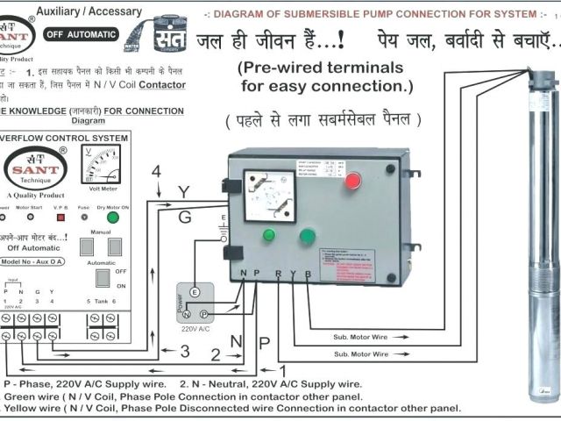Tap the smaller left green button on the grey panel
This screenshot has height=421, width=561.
pos(269,234)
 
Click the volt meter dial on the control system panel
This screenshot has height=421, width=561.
pos(101,164)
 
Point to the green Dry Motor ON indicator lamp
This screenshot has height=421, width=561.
pos(112,216)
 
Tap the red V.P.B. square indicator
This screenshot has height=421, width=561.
pos(60,216)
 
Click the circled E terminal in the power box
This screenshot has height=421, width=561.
pos(195,292)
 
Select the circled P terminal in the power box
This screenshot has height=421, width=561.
pos(204,313)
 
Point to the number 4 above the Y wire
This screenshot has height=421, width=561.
pos(156,171)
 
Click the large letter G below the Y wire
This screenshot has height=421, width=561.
pos(184,217)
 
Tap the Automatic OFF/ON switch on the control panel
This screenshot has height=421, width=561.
pos(103,277)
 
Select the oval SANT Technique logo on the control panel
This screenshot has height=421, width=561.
pos(35,167)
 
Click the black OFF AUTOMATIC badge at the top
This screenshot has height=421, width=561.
pos(82,34)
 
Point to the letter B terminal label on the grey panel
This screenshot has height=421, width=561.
pos(308,274)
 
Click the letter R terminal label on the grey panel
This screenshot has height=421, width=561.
pos(278,274)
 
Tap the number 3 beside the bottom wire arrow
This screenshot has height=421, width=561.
pos(185,351)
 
